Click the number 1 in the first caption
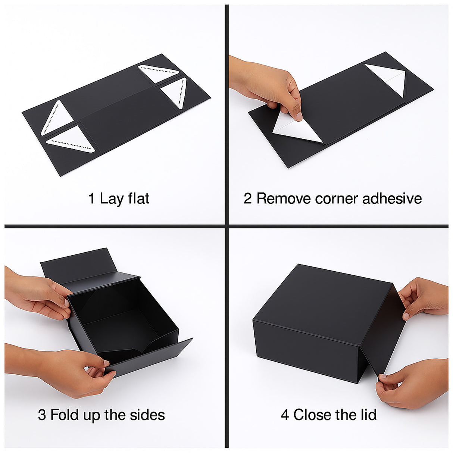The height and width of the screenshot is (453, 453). click(x=91, y=199)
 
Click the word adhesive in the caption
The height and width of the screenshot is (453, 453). click(x=392, y=199)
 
